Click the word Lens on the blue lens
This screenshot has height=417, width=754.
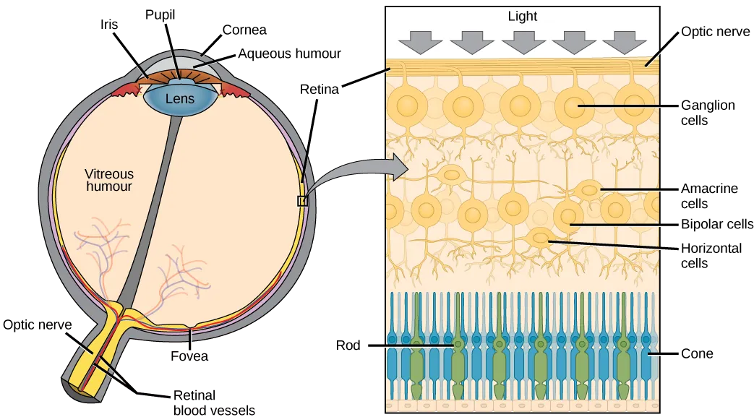coord(179,98)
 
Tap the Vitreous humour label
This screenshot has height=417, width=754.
coord(109,180)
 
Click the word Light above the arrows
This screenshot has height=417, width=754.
coord(522,17)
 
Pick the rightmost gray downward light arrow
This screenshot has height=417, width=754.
coord(623,42)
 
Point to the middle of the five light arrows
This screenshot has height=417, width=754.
coord(522,42)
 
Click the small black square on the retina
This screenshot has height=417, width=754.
coord(302,201)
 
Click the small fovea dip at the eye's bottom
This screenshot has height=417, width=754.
coord(190,326)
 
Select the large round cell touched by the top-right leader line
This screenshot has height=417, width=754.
coord(575,107)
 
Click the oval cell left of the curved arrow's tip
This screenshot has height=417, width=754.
coord(453,174)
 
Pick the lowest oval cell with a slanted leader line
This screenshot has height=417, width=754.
coord(539,237)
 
